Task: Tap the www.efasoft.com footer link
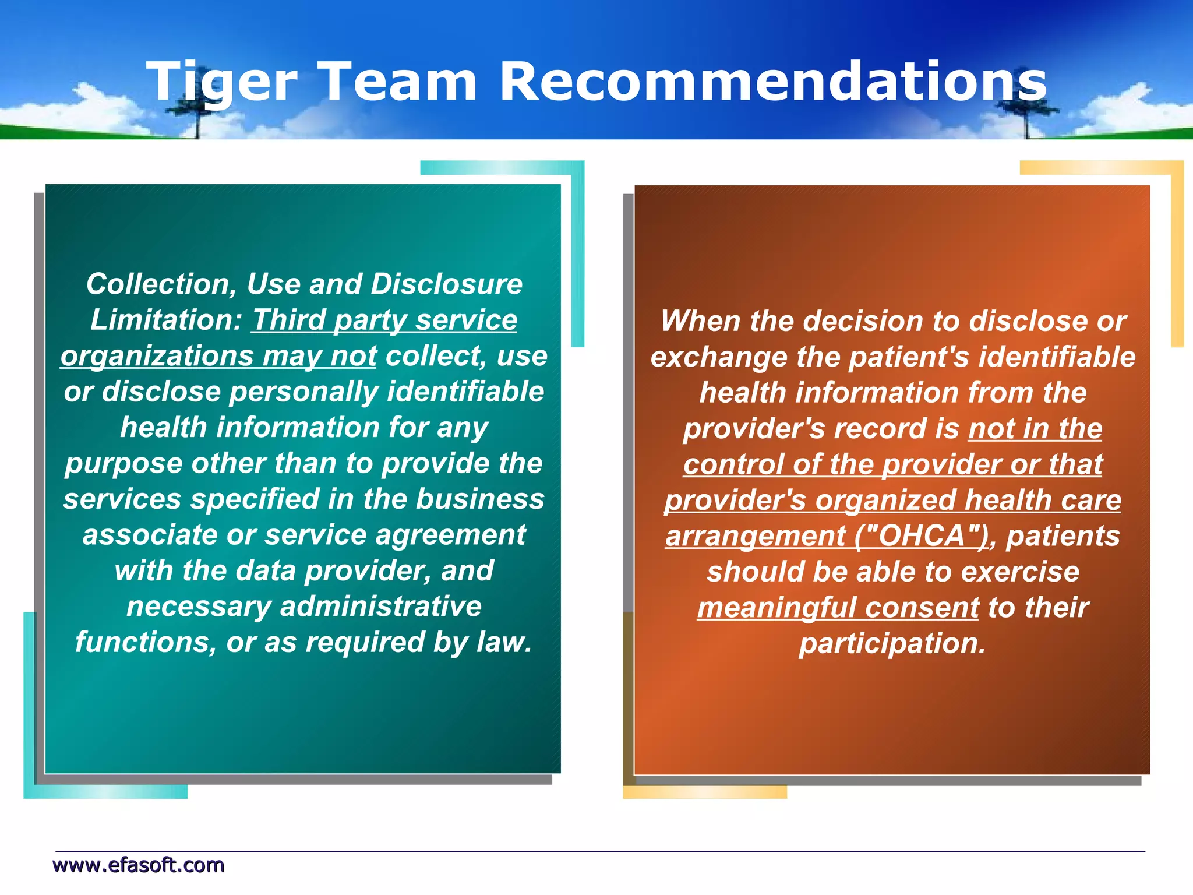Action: tap(139, 865)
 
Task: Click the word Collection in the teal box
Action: tap(161, 284)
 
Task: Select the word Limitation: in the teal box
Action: tap(166, 320)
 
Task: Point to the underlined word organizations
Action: tap(156, 356)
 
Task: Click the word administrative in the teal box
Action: tap(381, 607)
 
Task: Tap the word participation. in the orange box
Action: tap(892, 643)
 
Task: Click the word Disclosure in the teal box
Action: tap(447, 284)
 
